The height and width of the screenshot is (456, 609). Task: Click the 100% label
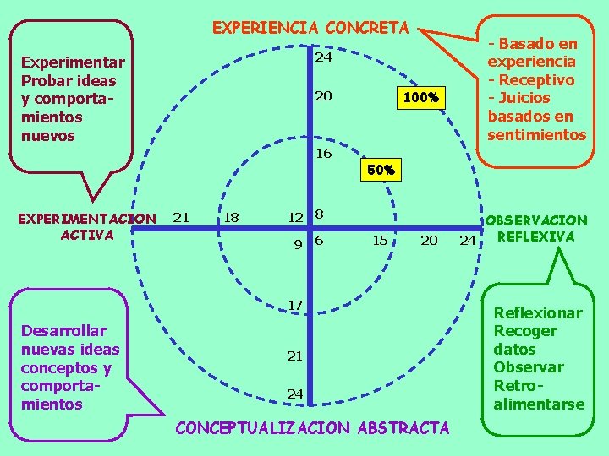[x=420, y=98]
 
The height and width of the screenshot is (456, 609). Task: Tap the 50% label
[x=380, y=170]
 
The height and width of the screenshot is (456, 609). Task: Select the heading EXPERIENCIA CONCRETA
[x=310, y=28]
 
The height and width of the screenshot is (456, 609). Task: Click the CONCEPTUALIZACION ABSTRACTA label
[x=312, y=428]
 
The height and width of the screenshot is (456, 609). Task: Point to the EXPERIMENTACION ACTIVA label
[x=87, y=226]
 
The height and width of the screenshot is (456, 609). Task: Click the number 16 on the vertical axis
[x=323, y=154]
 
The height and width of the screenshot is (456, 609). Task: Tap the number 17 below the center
[x=294, y=304]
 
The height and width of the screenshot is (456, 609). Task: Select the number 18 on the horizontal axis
[x=230, y=217]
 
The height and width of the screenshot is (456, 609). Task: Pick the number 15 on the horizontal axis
[x=380, y=240]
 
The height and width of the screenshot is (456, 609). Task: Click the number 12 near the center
[x=294, y=217]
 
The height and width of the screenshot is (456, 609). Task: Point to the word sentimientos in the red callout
[x=536, y=134]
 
